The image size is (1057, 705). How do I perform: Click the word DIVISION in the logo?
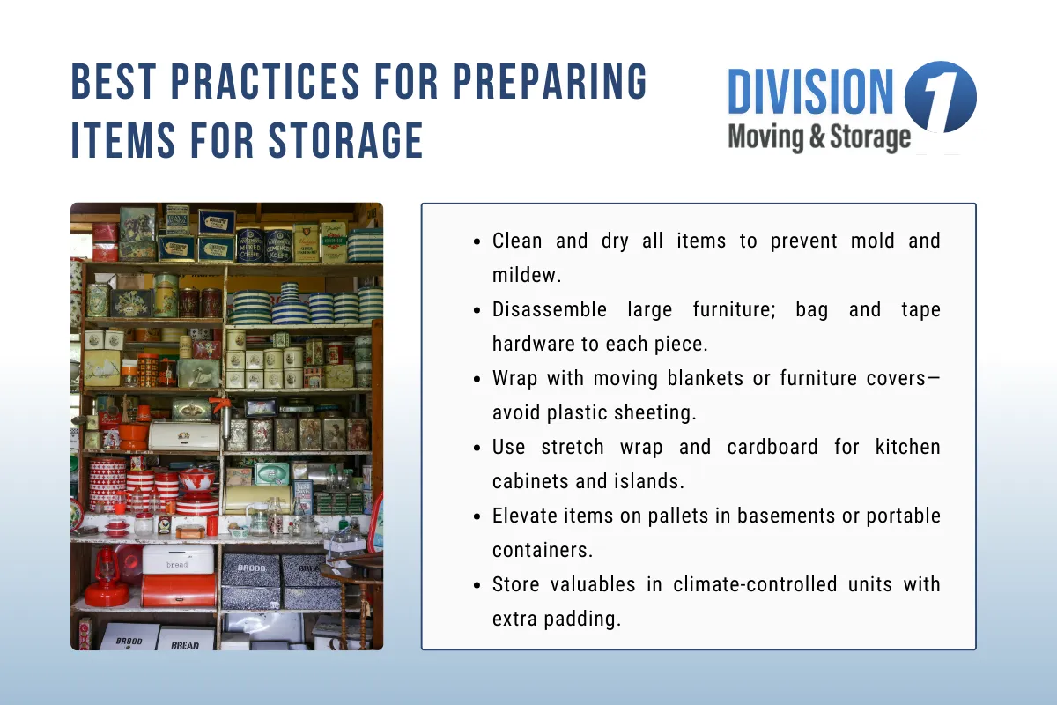[x=811, y=93]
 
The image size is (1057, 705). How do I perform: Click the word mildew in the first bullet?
[x=526, y=275]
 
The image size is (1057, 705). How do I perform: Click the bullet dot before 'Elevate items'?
[x=477, y=516]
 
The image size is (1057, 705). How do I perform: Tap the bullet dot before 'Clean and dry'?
[x=477, y=241]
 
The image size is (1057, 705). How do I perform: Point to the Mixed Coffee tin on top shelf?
[x=249, y=244]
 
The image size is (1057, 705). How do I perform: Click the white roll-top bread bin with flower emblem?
[x=183, y=434]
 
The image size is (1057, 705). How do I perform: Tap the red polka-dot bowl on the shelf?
[x=196, y=479]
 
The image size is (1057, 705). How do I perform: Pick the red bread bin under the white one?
[x=179, y=590]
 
